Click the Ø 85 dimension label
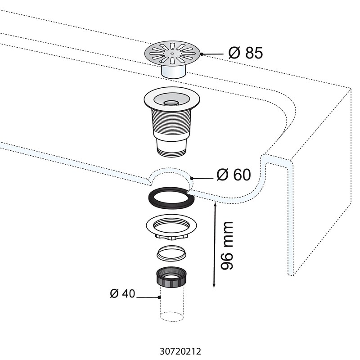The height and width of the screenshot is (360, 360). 245,53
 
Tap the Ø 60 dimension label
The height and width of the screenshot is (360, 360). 234,175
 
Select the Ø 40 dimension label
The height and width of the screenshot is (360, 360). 122,293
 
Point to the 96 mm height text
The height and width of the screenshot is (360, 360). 228,245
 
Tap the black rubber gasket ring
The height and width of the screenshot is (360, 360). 171,198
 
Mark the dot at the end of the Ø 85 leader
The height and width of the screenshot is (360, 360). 202,54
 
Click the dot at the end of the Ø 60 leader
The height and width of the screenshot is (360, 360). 192,179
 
